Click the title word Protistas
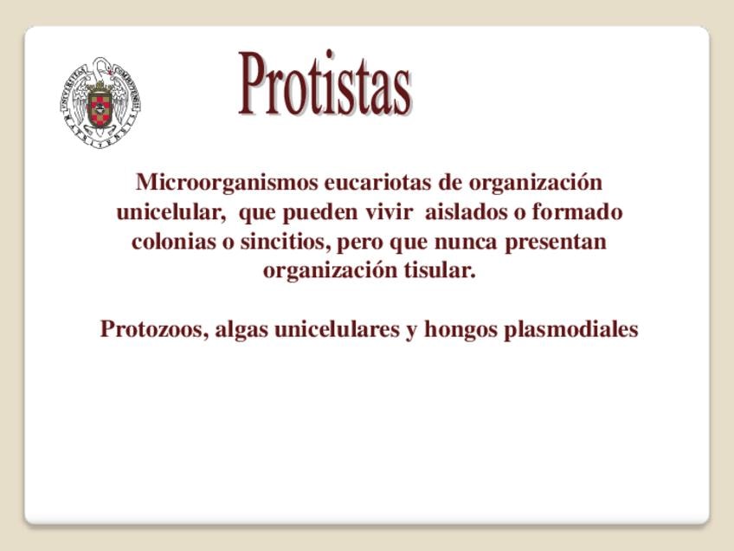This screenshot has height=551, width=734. point(325,83)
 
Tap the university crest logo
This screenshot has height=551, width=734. point(100,102)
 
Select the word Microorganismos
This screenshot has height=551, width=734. point(227,182)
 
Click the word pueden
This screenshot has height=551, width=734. point(320,212)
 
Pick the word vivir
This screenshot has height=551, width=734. point(389,211)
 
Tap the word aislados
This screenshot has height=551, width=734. point(467,211)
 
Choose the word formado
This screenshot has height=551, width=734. point(577,211)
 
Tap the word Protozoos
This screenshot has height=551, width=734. point(154,329)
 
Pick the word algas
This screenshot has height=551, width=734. point(241,330)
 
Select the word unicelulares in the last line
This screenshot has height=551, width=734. point(337,329)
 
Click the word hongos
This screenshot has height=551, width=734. point(460,330)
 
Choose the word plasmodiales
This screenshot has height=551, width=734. point(571,330)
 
